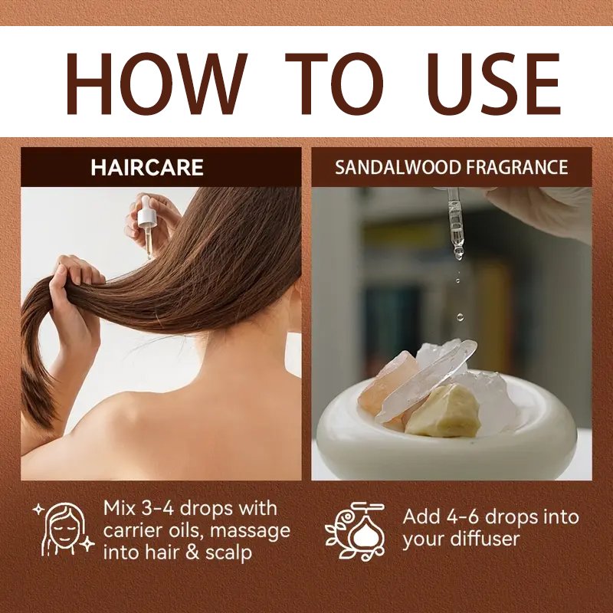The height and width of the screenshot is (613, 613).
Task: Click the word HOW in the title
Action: coord(157,84)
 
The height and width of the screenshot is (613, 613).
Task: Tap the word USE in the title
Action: coord(494,84)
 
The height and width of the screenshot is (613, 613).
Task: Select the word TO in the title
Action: coord(334,84)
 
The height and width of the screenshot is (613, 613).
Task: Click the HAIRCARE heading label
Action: coord(147,167)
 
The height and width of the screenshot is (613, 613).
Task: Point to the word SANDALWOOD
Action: coord(398,167)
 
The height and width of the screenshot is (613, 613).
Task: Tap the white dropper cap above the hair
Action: coord(146,211)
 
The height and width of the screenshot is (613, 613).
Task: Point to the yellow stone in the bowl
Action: coord(444,411)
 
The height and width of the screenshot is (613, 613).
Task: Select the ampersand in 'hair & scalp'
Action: coord(192,552)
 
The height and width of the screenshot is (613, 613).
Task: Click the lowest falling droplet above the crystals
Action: coord(461,317)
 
